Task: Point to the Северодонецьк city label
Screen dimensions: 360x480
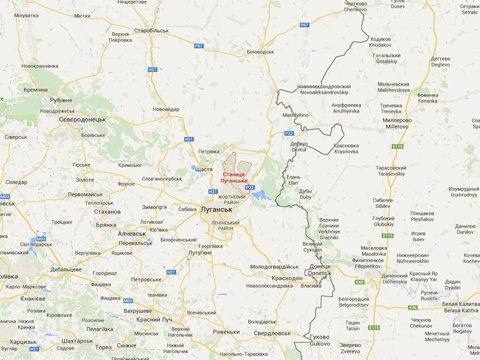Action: coord(83,119)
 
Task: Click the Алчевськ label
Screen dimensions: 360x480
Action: coord(132,233)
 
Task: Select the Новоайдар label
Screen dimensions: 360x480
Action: coord(166,109)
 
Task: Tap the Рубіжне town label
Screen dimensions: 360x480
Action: coord(61,100)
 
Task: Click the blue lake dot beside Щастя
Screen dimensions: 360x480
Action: coord(193,168)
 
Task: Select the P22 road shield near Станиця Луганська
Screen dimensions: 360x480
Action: coord(249,187)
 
